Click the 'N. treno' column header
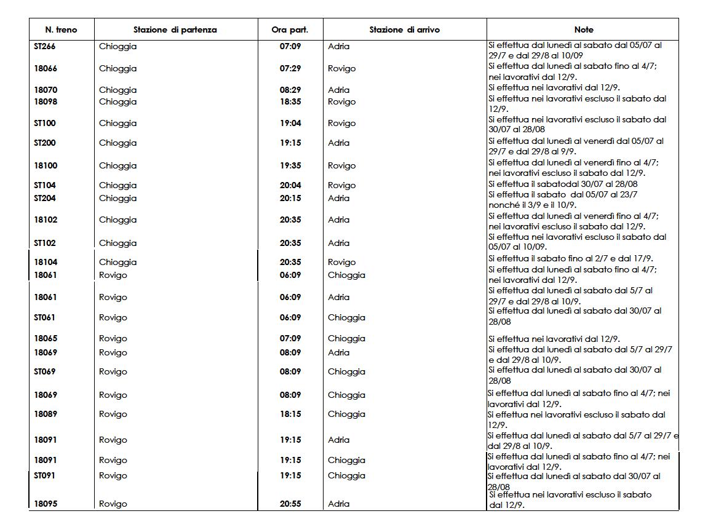(x=61, y=30)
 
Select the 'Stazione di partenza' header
(x=175, y=30)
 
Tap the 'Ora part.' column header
(x=290, y=30)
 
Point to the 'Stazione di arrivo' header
(x=404, y=30)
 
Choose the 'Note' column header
(x=583, y=30)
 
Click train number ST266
(x=45, y=46)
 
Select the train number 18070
(x=46, y=90)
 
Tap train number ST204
(x=45, y=198)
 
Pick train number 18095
(x=46, y=504)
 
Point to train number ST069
(x=45, y=371)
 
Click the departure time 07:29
(x=290, y=68)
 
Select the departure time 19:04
(x=290, y=123)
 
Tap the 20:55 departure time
(x=290, y=504)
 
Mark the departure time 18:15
(x=290, y=414)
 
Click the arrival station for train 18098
(x=341, y=101)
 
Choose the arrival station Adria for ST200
(x=338, y=143)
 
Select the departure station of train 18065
(x=113, y=338)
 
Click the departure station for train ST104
(x=117, y=185)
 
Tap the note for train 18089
(x=576, y=419)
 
